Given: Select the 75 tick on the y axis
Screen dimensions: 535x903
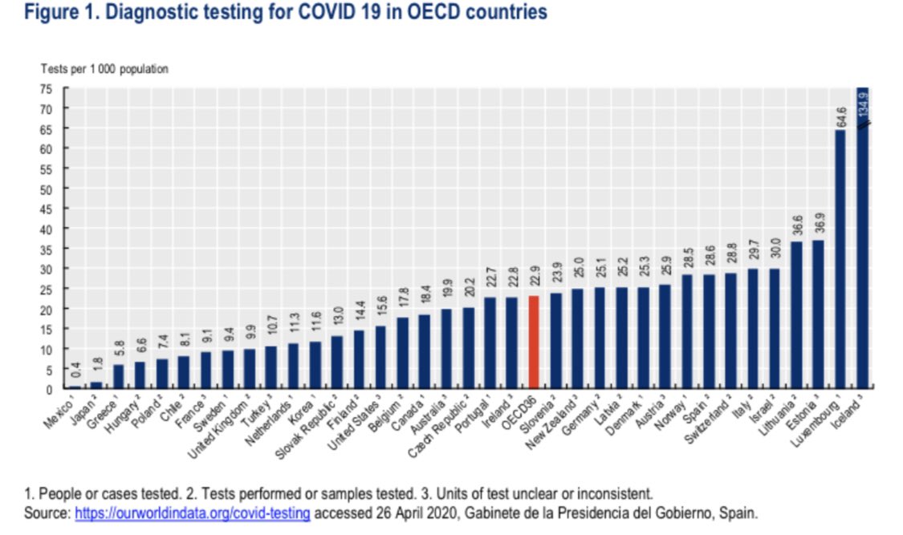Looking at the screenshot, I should click(x=50, y=89).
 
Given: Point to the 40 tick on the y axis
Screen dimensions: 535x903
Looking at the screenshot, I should click(x=50, y=229).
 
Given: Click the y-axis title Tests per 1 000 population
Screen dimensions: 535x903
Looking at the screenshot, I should click(x=105, y=70).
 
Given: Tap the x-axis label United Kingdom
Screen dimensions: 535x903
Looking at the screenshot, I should click(x=218, y=423).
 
